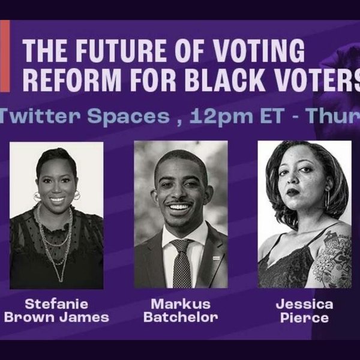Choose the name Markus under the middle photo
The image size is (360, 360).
pyautogui.click(x=180, y=303)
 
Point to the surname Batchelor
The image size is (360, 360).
pyautogui.click(x=180, y=317)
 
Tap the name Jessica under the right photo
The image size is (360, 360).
pyautogui.click(x=304, y=303)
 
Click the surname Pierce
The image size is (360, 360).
pyautogui.click(x=304, y=317)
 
